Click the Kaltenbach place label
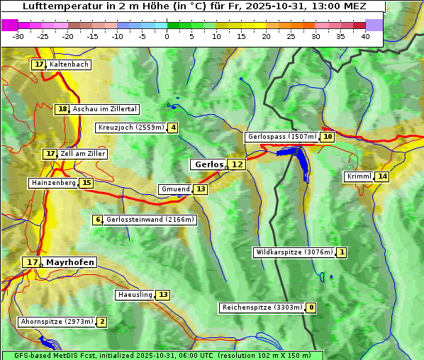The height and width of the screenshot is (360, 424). coord(69,64)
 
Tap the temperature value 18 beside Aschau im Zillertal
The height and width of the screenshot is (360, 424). coord(62,109)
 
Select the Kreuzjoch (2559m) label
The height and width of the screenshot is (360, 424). coord(130,128)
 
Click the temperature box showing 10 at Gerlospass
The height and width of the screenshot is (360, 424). coord(327,137)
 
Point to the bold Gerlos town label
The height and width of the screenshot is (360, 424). coord(208,164)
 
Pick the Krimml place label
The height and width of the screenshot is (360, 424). coord(359,176)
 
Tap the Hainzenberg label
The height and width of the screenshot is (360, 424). coord(52,183)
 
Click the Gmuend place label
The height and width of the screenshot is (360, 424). coord(175,189)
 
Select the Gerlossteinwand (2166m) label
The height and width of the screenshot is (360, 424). coord(150,220)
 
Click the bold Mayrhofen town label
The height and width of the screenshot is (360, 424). coord(69,262)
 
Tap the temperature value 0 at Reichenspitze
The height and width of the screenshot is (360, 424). coord(311,308)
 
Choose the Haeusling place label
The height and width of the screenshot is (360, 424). coord(134,295)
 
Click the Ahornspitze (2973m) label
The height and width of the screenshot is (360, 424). coord(57,322)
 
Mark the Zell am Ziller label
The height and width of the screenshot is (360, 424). coord(83,154)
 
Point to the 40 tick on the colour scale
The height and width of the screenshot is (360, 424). coord(364,36)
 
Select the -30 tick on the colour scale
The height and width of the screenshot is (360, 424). coord(18,36)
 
